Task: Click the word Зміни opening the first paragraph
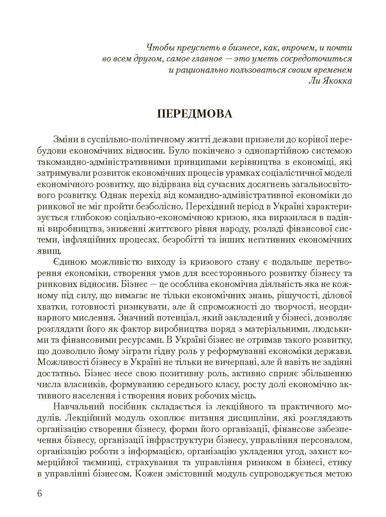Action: click(65, 139)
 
